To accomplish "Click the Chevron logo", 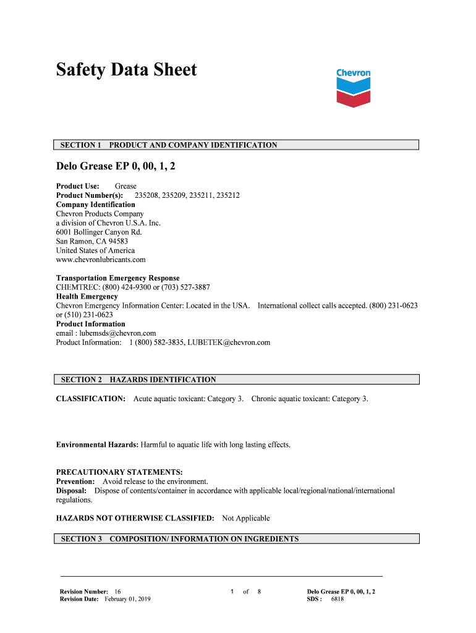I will pos(353,87).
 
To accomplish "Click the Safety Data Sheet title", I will pos(126,70).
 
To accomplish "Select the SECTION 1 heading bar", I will pos(237,145).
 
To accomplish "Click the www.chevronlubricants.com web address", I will pos(101,260).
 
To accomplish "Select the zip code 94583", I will pos(118,241).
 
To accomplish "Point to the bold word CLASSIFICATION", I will pos(91,399).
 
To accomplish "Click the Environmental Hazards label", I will pos(97,444).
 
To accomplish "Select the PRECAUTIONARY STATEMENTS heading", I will pos(119,472).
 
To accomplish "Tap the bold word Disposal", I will pos(71,491).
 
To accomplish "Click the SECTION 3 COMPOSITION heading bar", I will pos(237,539).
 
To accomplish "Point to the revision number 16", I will pos(117,592).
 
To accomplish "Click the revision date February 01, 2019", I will pos(127,599).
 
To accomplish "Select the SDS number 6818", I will pos(338,599).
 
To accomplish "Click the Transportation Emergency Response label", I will pos(117,278).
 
